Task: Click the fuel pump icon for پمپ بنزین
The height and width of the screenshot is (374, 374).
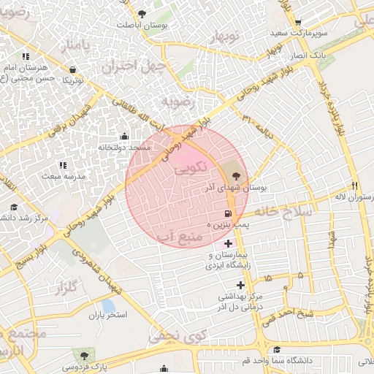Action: coord(229,214)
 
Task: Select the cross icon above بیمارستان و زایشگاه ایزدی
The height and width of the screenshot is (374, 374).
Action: coord(229,243)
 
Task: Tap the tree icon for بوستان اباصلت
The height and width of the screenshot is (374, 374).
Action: coord(142,13)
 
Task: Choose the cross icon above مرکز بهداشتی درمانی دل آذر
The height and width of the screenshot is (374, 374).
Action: coord(240,285)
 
